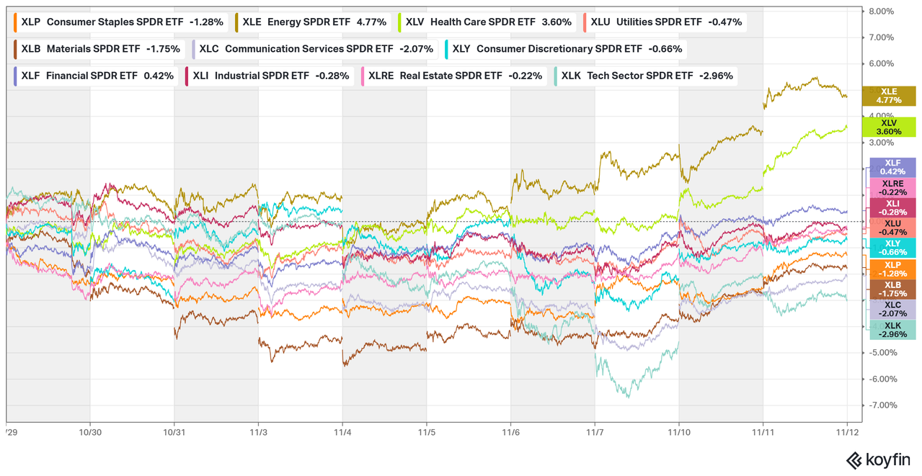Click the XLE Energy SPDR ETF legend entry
click(x=311, y=22)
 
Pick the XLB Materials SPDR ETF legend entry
click(x=98, y=49)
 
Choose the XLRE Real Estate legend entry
click(x=453, y=76)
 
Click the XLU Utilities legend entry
click(x=664, y=22)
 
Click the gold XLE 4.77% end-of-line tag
click(x=889, y=96)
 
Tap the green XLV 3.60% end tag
click(x=889, y=127)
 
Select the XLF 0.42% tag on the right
click(x=892, y=167)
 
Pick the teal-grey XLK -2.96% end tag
click(x=892, y=329)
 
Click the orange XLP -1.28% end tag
click(x=892, y=269)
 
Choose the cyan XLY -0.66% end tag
click(x=892, y=248)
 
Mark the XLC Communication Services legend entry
click(x=316, y=49)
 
